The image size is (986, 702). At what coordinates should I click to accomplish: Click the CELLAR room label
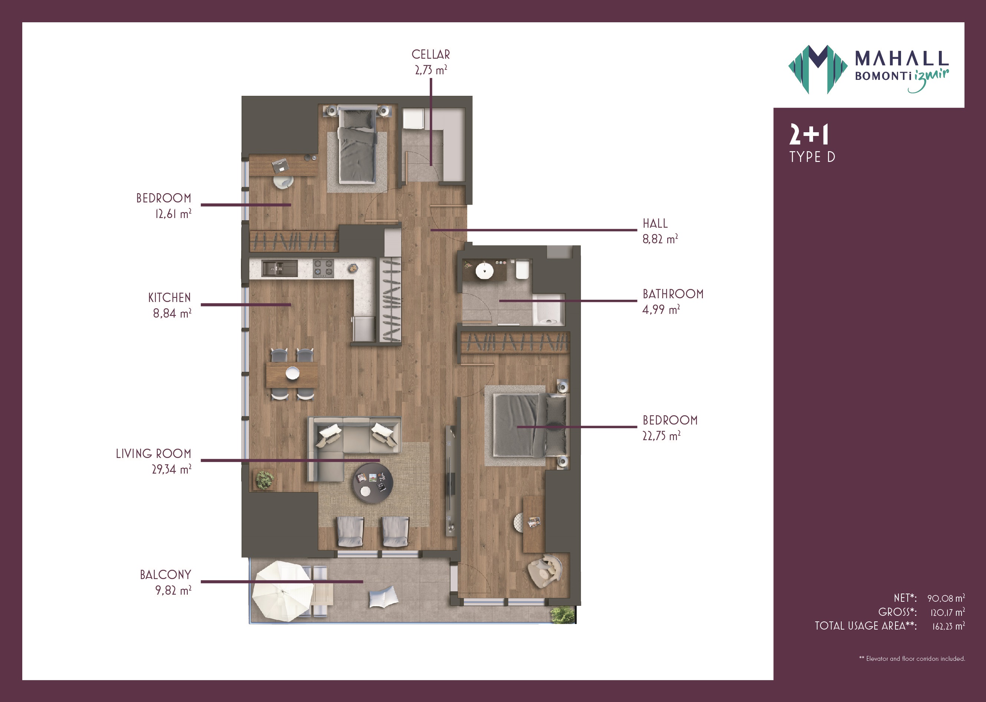[430, 55]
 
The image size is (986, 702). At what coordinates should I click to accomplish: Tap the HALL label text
[655, 224]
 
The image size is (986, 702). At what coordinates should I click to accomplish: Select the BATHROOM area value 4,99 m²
[661, 309]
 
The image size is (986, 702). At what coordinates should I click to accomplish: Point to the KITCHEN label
[169, 298]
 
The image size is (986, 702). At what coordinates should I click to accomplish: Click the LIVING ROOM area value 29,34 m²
[171, 469]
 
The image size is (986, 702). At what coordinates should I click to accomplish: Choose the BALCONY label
[166, 575]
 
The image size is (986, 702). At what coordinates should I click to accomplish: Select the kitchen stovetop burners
[323, 268]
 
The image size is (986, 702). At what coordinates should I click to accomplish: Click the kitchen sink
[279, 269]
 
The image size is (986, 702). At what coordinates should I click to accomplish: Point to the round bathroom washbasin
[484, 271]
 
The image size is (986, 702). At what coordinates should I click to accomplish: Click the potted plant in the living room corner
[264, 480]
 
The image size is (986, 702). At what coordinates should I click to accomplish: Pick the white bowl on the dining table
[292, 373]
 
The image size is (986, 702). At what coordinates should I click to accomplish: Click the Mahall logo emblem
[818, 69]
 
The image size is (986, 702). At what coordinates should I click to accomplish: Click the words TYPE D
[812, 157]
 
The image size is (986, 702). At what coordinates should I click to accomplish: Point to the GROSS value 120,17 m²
[947, 612]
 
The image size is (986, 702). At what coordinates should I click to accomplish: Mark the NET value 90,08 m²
[946, 598]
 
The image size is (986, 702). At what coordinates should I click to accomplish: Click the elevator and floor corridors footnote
[912, 658]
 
